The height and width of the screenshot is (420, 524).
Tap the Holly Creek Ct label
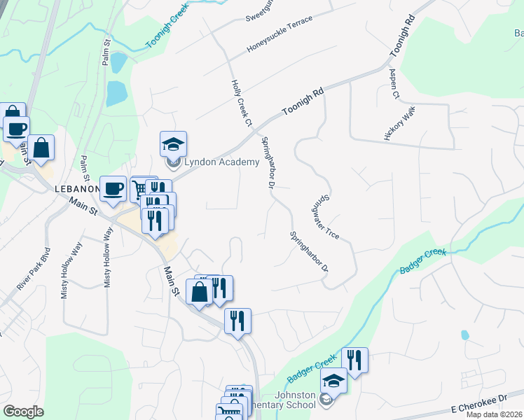click(241, 103)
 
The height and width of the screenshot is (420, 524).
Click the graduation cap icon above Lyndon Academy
click(173, 144)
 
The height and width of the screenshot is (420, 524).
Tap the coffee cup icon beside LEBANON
click(113, 188)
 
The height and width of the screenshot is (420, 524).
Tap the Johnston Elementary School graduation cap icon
click(334, 381)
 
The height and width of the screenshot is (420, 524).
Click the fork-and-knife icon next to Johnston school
click(354, 360)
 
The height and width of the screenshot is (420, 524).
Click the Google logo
click(24, 411)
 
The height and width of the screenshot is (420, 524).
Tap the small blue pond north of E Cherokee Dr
click(464, 335)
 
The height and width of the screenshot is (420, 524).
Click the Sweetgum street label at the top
click(261, 14)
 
